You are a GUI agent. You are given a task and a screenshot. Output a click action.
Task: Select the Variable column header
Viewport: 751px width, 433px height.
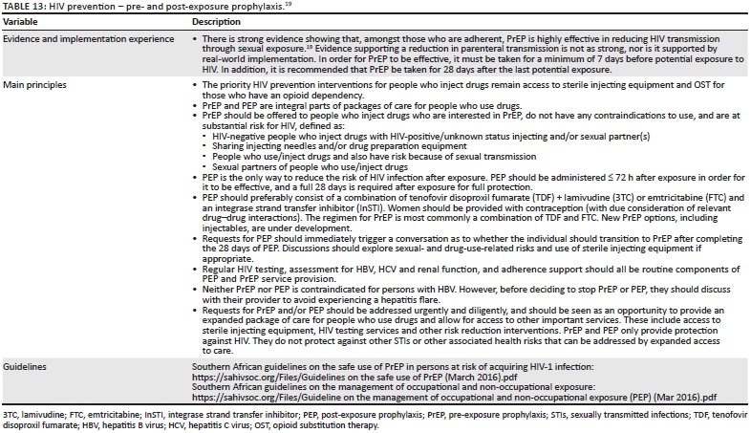pos(20,20)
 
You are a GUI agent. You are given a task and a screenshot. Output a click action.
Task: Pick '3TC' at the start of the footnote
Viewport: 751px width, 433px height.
pos(10,415)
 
